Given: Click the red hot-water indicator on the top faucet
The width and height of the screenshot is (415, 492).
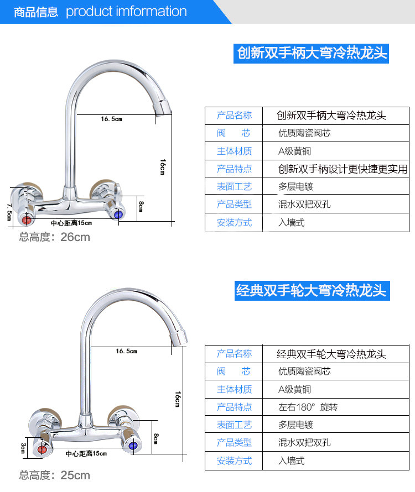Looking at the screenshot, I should click(25, 219).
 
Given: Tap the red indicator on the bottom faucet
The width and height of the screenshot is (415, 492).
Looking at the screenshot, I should click(42, 449).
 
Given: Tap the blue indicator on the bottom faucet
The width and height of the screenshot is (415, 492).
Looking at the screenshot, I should click(132, 445).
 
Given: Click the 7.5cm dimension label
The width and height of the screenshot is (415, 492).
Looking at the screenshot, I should click(8, 212).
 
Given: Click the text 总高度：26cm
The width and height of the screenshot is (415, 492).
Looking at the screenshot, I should click(54, 237).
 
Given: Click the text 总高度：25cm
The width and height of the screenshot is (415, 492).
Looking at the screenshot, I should click(54, 475).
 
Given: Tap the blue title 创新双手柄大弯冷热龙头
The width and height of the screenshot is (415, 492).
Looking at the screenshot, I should click(312, 54).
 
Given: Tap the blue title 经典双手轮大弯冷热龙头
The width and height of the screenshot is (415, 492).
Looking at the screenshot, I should click(311, 290).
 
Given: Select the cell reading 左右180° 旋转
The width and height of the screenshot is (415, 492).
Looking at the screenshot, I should click(308, 407).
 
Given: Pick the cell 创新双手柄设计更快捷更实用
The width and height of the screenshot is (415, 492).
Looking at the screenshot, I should click(343, 169).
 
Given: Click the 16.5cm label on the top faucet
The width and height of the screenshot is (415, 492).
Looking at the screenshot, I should click(111, 119).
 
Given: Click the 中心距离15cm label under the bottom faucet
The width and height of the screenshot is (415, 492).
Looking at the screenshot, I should click(86, 454).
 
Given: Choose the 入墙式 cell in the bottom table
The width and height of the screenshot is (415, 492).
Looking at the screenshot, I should click(291, 460).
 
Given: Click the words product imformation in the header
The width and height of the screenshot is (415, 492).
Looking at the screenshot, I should click(126, 12).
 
